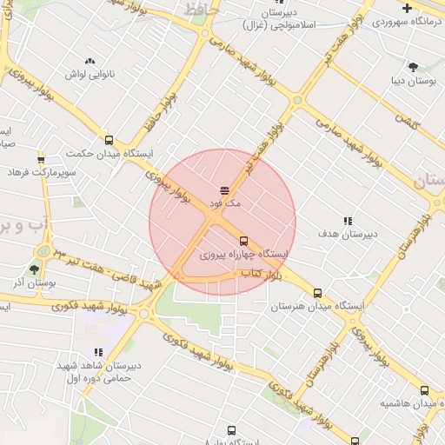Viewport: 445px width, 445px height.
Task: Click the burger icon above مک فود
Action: point(224,189)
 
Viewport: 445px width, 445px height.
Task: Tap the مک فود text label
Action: point(224,203)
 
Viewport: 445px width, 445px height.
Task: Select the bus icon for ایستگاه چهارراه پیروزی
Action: point(242,241)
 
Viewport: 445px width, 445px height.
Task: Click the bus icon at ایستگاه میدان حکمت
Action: point(109,139)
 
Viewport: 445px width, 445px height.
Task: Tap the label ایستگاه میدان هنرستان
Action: point(316,307)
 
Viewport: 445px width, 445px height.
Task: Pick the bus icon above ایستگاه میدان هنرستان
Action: point(317,293)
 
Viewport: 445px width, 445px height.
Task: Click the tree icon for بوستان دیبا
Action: point(413,66)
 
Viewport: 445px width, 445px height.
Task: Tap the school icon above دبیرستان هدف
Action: point(348,221)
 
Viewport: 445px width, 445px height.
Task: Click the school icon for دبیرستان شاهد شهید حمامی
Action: point(98,352)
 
